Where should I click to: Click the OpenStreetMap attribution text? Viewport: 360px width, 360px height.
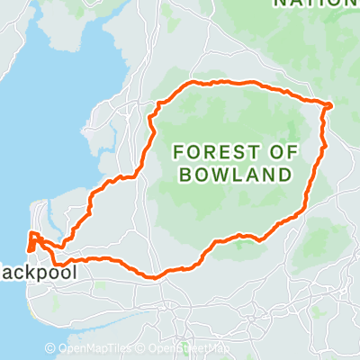[188, 348]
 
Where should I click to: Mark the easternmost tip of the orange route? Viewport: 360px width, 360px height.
[331, 105]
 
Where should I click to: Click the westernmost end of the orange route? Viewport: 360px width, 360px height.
[29, 241]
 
